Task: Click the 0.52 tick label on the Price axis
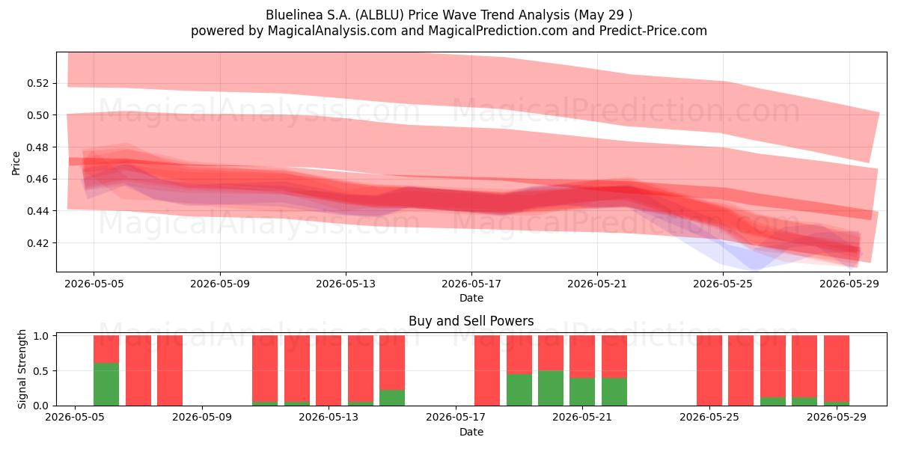click(37, 83)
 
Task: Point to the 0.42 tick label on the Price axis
click(37, 243)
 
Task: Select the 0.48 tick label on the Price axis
click(37, 147)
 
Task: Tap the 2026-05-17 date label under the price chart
click(471, 284)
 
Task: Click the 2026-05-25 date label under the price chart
click(723, 284)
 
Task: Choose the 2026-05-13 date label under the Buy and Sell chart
click(329, 417)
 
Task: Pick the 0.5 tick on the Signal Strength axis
click(40, 371)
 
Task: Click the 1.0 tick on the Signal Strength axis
click(40, 336)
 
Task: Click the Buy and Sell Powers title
click(471, 321)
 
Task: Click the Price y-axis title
click(16, 163)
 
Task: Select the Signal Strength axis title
click(22, 369)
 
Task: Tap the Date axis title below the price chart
click(471, 298)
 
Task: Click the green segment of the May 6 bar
click(106, 384)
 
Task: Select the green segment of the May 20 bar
click(551, 388)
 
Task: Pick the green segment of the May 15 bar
click(392, 397)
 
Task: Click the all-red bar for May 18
click(487, 370)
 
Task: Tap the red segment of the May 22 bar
click(614, 356)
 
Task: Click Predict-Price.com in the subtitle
click(653, 31)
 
